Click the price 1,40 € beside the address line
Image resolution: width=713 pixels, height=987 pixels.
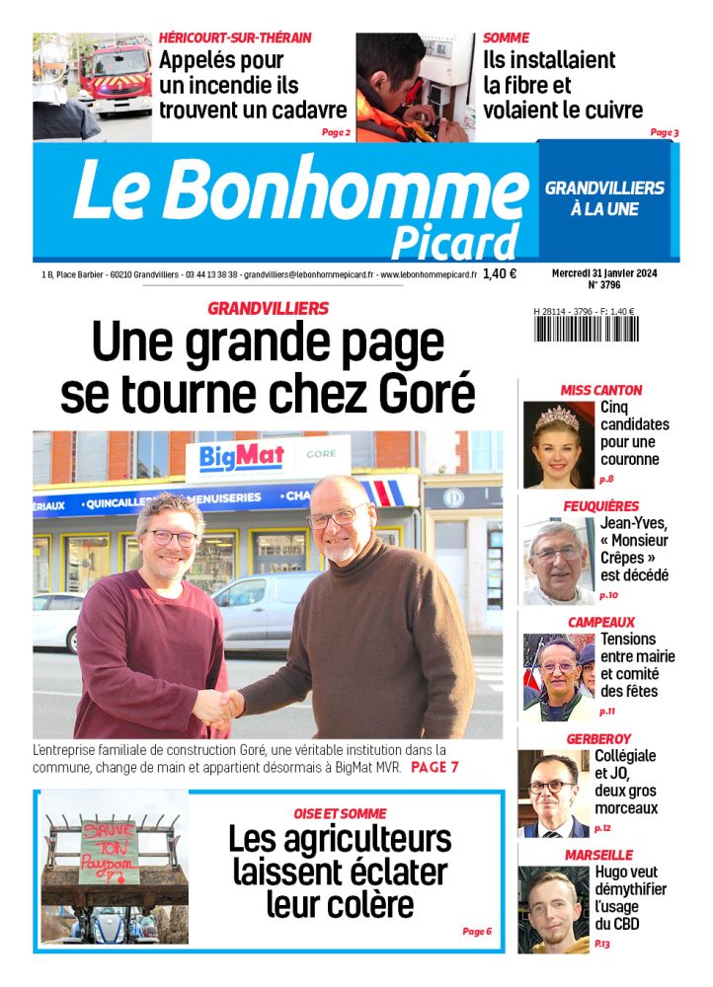(500, 274)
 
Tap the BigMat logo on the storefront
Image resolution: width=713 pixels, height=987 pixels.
(242, 456)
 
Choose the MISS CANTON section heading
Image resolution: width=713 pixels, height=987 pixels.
(600, 390)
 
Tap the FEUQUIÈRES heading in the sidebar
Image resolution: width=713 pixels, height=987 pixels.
(600, 506)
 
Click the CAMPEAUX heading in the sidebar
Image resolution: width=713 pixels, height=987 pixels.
(600, 622)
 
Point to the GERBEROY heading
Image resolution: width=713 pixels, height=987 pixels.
(598, 738)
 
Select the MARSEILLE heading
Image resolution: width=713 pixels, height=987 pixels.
(598, 854)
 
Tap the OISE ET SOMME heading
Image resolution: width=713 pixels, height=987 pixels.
(340, 813)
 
